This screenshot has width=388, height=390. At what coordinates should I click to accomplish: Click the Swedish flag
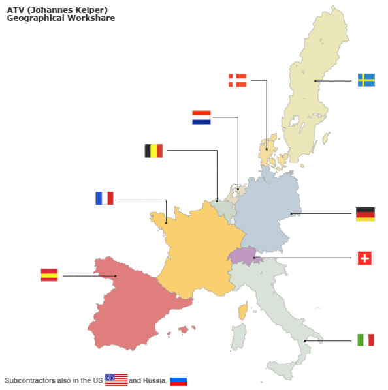[366, 80]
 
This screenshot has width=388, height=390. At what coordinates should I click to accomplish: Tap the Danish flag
[237, 80]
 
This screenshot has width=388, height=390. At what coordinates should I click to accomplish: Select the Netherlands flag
[201, 117]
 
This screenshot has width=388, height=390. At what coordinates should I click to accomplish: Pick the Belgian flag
[154, 151]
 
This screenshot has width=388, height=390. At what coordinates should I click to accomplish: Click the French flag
[105, 198]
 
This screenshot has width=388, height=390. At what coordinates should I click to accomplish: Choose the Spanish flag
[49, 275]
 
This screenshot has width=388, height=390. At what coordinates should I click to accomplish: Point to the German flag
[365, 214]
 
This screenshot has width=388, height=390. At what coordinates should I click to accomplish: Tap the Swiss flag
[365, 258]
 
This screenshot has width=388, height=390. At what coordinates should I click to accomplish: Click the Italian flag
[365, 340]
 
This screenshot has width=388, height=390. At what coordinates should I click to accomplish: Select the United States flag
[116, 380]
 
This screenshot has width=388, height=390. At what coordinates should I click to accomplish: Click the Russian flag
[178, 380]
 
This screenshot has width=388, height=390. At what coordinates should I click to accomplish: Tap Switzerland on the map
[243, 255]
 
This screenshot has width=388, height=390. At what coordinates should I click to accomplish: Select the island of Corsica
[243, 310]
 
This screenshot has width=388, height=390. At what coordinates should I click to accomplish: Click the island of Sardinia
[238, 337]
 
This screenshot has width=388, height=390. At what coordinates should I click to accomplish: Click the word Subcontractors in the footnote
[29, 380]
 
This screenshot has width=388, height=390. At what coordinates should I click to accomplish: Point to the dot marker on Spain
[116, 275]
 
